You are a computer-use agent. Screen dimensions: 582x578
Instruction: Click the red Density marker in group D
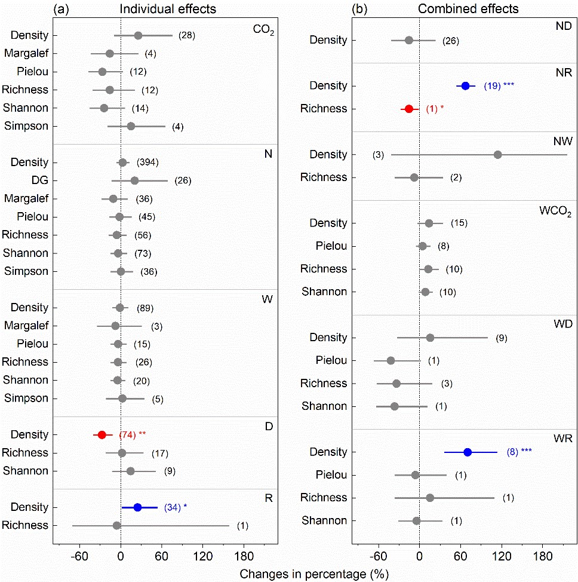click(x=102, y=434)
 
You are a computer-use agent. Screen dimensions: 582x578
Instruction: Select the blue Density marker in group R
click(x=137, y=507)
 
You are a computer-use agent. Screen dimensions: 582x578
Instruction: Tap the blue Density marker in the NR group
click(x=466, y=86)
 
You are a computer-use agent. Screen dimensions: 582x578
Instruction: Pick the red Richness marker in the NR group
click(x=409, y=109)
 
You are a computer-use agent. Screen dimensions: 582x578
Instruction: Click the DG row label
click(x=40, y=180)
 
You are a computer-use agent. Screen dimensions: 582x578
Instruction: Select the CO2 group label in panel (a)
click(x=263, y=29)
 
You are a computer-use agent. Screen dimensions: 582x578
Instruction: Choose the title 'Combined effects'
click(x=459, y=8)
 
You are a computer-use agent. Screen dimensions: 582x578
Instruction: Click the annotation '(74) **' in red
click(x=133, y=434)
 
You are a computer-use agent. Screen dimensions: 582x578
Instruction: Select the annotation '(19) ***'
click(x=499, y=86)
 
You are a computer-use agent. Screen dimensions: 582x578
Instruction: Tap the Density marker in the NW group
click(x=498, y=155)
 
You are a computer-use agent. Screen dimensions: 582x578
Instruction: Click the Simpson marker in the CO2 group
click(x=131, y=126)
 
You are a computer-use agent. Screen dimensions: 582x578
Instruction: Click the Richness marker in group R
click(x=116, y=525)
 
